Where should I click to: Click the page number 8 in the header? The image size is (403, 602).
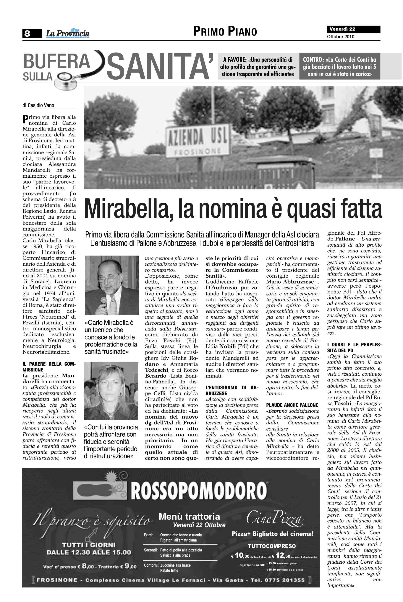click(x=27, y=33)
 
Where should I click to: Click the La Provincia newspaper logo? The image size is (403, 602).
click(x=68, y=33)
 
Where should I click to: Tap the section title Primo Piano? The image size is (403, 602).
click(x=225, y=31)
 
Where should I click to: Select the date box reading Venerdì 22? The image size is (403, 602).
click(x=353, y=29)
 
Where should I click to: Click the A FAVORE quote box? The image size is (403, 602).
click(x=258, y=67)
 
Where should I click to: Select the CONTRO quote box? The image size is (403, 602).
click(x=339, y=67)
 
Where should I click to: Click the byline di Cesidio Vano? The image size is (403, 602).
click(x=38, y=105)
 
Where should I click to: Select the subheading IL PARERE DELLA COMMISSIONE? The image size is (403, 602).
click(x=49, y=366)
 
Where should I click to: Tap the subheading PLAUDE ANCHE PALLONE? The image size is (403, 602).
click(x=292, y=405)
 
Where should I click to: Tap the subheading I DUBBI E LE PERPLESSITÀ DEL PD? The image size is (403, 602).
click(x=354, y=347)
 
